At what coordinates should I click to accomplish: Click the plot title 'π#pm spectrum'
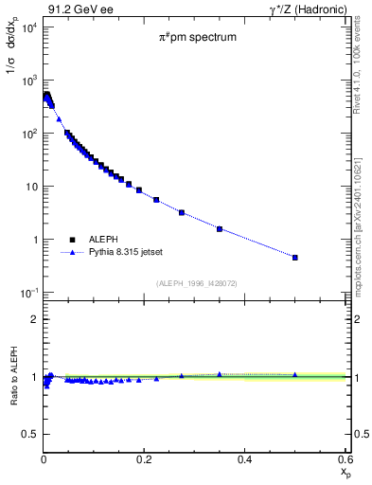tap(197, 40)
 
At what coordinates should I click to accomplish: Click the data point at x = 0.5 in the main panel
tap(295, 257)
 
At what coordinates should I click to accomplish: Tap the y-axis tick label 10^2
tap(27, 134)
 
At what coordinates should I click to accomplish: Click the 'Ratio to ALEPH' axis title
tap(12, 378)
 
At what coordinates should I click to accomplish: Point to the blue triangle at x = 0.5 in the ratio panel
tap(295, 374)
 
